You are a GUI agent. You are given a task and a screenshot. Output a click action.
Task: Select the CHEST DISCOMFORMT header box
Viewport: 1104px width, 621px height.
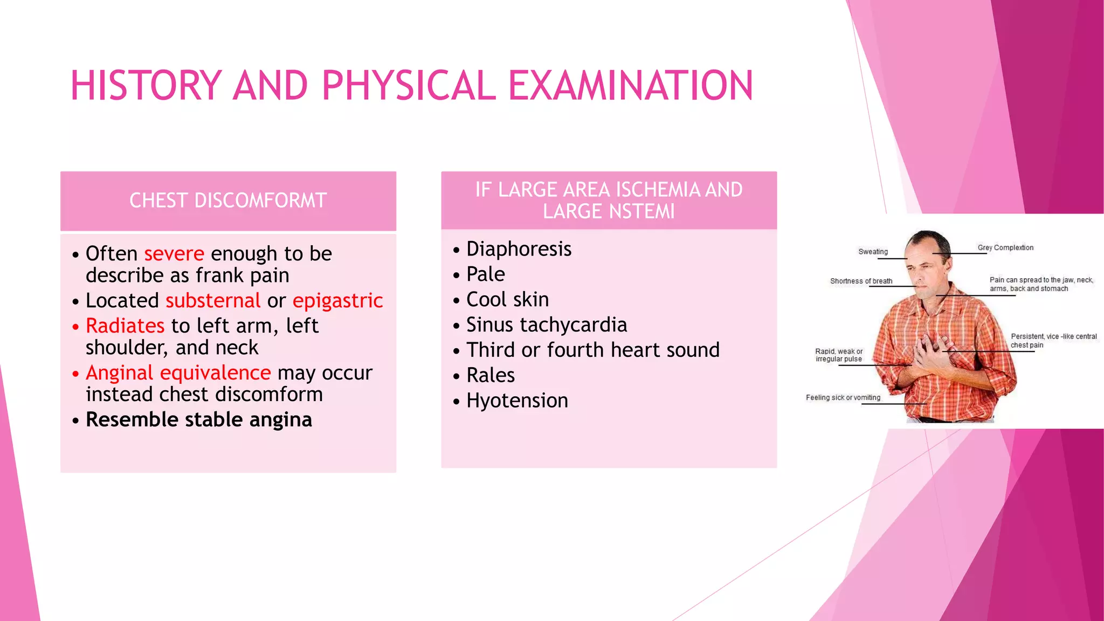(x=228, y=201)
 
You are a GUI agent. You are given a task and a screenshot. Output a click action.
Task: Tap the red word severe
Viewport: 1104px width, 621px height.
(x=174, y=253)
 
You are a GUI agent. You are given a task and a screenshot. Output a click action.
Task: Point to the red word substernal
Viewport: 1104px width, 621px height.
(x=213, y=300)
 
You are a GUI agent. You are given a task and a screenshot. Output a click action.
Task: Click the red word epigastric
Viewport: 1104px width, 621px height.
(x=337, y=300)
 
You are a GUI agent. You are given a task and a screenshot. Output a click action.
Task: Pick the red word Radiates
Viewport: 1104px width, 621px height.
(x=125, y=326)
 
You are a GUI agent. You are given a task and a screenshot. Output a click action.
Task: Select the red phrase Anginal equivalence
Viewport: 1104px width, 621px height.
(x=178, y=372)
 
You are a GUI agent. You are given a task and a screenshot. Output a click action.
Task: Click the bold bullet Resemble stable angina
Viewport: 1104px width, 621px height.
(x=198, y=419)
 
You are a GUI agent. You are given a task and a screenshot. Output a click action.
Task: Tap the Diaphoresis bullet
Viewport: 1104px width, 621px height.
(x=518, y=249)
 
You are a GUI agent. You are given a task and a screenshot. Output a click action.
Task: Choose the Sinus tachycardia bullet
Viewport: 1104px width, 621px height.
(x=546, y=325)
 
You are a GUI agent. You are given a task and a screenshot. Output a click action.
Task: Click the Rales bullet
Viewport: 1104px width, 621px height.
(x=490, y=375)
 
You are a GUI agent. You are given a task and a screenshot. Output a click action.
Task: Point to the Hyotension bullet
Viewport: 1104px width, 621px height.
(x=516, y=401)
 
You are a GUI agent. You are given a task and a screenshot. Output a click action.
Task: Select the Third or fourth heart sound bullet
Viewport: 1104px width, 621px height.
(x=592, y=350)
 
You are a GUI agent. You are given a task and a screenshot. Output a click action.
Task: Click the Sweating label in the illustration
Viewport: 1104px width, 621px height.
(x=873, y=252)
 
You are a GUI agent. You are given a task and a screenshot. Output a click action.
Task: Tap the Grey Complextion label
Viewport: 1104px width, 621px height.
(x=1005, y=247)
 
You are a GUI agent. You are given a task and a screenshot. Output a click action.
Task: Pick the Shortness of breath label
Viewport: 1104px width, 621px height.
(x=861, y=281)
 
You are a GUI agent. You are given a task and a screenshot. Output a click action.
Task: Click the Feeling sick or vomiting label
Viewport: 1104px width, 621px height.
(x=843, y=397)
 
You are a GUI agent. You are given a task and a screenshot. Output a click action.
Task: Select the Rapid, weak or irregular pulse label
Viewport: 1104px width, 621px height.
(x=839, y=355)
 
